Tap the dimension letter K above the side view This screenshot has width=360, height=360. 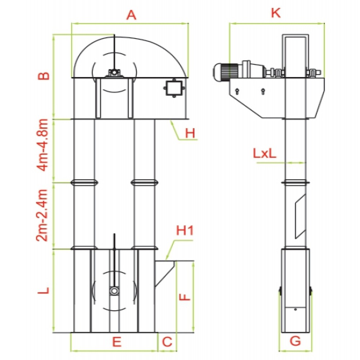coord(275,13)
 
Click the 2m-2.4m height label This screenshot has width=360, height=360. coord(44,215)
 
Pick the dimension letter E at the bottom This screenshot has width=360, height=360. coord(116,342)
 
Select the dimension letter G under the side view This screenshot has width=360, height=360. coord(295,341)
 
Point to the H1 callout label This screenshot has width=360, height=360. coord(185,231)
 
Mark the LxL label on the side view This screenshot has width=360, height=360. coord(265,154)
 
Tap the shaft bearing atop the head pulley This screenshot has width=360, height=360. coord(114,73)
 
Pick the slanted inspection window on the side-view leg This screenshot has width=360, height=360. coord(300,216)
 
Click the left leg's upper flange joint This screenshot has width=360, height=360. coord(85,183)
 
